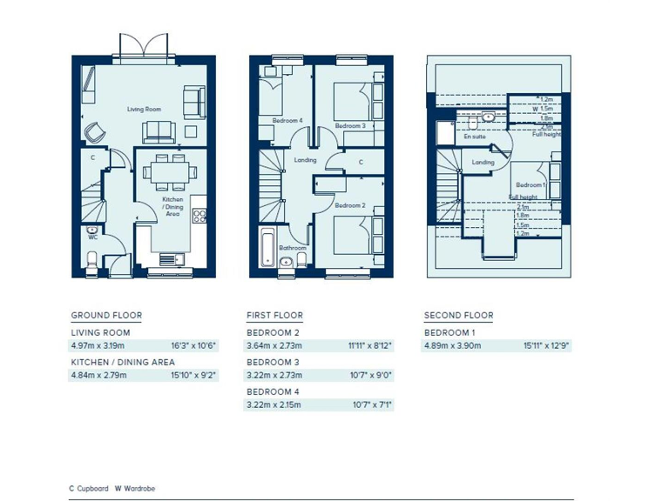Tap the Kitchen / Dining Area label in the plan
[x=172, y=206]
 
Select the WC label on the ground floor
[x=91, y=237]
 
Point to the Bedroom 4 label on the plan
[x=287, y=120]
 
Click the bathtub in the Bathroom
[x=267, y=246]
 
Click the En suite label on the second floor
[x=474, y=137]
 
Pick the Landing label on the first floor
[x=305, y=160]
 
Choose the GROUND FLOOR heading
[x=106, y=316]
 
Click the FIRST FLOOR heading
[x=274, y=316]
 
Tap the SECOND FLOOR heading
[x=458, y=316]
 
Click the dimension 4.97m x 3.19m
[x=98, y=345]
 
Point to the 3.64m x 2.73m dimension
[x=274, y=345]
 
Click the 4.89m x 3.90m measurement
[x=452, y=345]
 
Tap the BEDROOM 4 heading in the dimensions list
[x=273, y=391]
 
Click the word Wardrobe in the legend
[x=139, y=489]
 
